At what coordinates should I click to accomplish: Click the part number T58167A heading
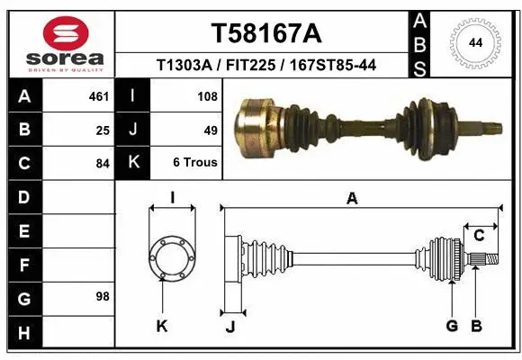coord(265,33)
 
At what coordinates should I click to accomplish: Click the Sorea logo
coord(66,44)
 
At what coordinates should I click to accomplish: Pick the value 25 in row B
coord(103,130)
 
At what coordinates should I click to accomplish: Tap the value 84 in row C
coord(103,164)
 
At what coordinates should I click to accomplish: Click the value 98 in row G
coord(103,296)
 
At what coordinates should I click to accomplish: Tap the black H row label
coord(23,333)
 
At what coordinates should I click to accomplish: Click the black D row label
coord(23,196)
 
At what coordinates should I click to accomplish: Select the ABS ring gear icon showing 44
coord(474,43)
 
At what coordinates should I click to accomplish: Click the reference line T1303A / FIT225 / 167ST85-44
coord(265,65)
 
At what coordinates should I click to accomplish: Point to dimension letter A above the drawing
coord(352,199)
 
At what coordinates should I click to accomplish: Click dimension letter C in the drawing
coord(480,236)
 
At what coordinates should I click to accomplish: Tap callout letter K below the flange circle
coord(162,326)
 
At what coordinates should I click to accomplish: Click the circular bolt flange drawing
coord(171,256)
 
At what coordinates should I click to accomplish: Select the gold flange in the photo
coord(256,130)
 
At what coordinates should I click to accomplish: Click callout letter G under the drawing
coord(452,326)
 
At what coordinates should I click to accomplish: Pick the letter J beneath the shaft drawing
coord(230,326)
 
